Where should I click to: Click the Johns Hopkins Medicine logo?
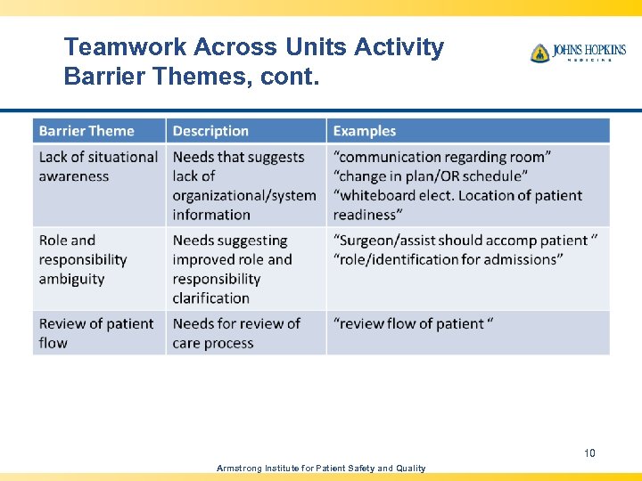[577, 53]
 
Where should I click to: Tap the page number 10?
[589, 453]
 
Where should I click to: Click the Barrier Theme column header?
[86, 131]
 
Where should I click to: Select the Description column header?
[210, 131]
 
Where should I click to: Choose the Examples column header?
[364, 131]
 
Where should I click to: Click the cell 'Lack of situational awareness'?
[98, 167]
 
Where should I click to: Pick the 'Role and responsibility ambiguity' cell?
[83, 259]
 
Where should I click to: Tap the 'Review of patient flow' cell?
[96, 333]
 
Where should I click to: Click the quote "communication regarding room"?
[442, 157]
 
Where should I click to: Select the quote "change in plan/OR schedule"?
[431, 176]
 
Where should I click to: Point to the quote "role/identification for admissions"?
[448, 259]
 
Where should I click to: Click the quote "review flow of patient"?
[413, 323]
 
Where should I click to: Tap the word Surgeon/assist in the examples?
[384, 240]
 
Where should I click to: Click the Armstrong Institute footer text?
[322, 468]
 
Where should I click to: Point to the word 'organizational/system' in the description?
[244, 195]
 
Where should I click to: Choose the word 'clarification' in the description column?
[210, 298]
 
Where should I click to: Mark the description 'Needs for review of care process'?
[236, 333]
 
